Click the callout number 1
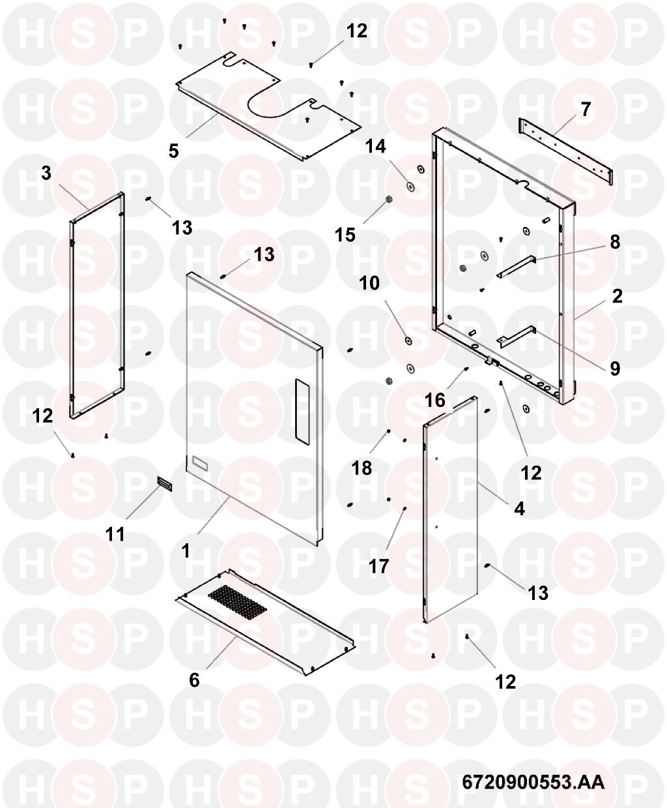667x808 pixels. tap(186, 551)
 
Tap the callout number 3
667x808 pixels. tap(46, 174)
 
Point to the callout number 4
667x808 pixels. tap(519, 508)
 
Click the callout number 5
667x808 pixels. tap(173, 151)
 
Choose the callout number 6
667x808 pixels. tap(194, 680)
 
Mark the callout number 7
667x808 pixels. tap(586, 110)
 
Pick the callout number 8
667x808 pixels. tap(615, 242)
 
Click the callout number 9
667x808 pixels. tap(615, 368)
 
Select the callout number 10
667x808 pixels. tap(369, 283)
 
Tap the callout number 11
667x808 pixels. tap(115, 535)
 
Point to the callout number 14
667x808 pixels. tap(375, 146)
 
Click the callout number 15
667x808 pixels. tap(346, 233)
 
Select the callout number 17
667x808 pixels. tap(379, 565)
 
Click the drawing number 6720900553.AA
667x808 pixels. tap(533, 782)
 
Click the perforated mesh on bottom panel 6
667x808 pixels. tap(238, 600)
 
